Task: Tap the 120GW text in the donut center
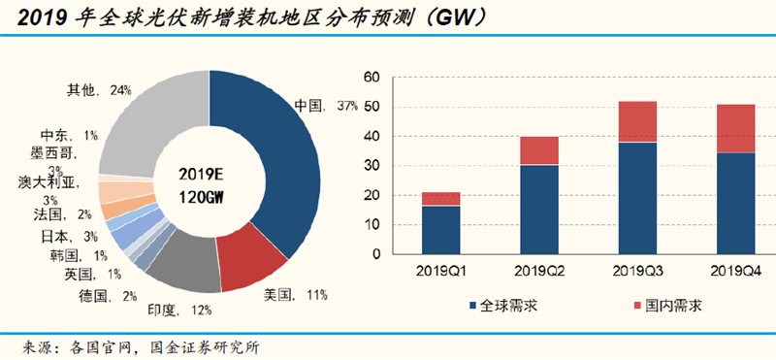[210, 194]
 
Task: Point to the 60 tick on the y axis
[371, 78]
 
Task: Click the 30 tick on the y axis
[371, 167]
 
